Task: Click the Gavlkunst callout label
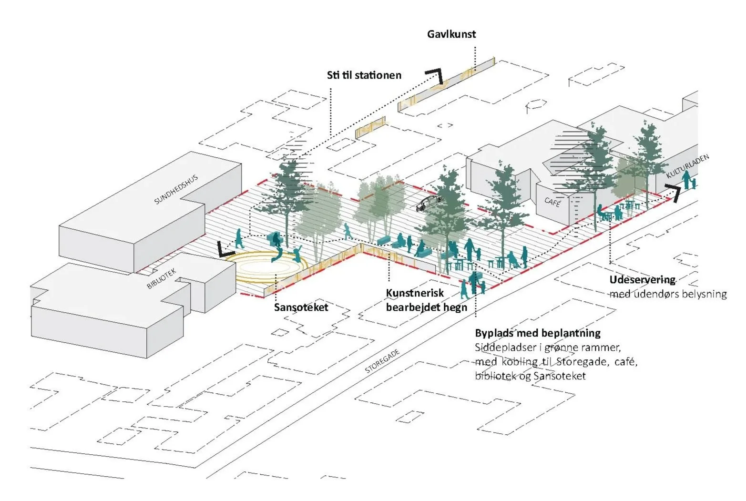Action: tap(451, 34)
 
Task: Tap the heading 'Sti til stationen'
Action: tap(364, 75)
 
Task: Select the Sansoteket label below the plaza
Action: tap(301, 307)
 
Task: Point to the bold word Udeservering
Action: tap(643, 280)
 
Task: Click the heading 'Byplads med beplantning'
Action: tap(538, 333)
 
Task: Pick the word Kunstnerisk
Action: tap(415, 293)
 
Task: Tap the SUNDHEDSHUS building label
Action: tap(176, 189)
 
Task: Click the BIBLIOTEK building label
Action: tap(161, 278)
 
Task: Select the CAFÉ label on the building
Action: tap(552, 202)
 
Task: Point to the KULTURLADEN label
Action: tap(687, 166)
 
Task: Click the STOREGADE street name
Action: tap(382, 361)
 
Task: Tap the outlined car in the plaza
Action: tap(429, 203)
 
